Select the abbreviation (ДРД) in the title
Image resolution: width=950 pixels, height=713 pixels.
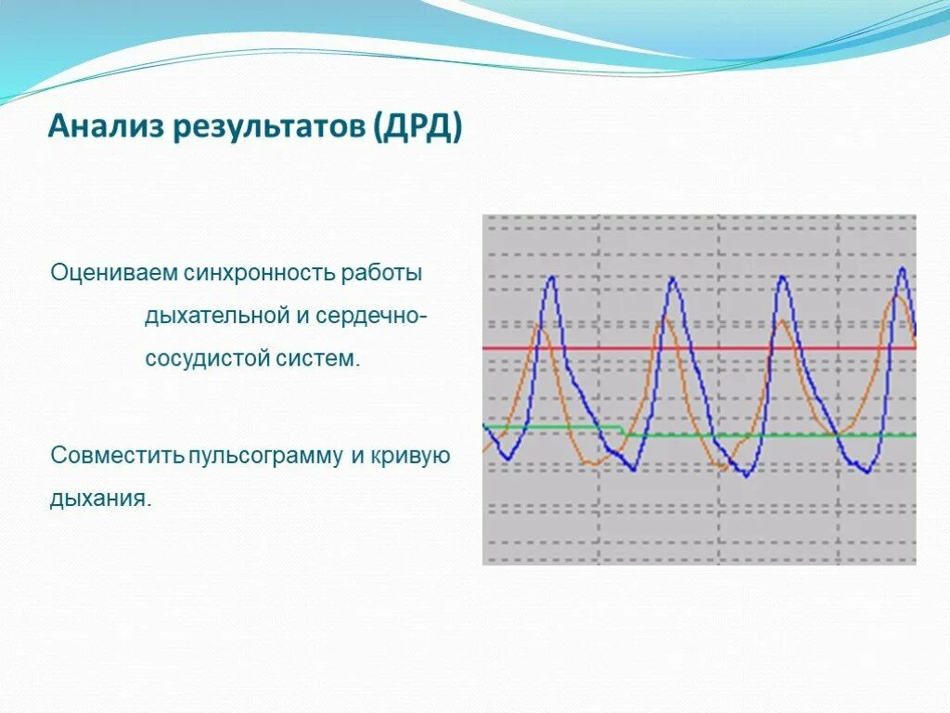[417, 126]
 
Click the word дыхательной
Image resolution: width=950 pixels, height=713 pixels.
[217, 316]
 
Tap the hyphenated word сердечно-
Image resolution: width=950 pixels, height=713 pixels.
[371, 316]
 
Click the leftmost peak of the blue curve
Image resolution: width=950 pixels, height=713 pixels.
[552, 278]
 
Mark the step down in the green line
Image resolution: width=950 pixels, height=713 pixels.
[623, 431]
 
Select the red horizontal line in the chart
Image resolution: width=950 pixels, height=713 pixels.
[696, 348]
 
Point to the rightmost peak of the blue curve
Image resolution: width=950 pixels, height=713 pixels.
[902, 269]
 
